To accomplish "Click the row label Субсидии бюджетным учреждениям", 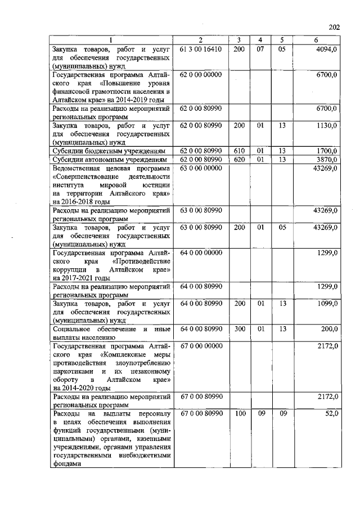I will tap(109, 151).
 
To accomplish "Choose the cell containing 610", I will tap(239, 151).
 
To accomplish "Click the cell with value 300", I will tap(239, 328).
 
